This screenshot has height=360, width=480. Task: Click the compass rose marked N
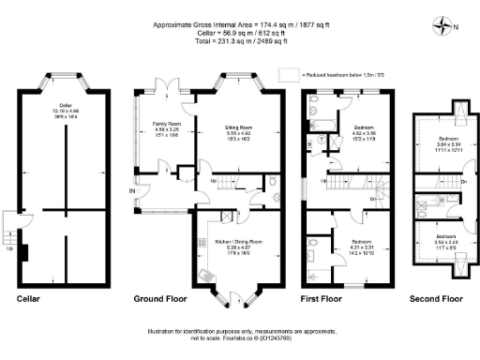point(442,26)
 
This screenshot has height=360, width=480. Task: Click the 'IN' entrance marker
point(132,193)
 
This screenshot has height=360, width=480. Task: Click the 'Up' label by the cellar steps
point(10,249)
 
